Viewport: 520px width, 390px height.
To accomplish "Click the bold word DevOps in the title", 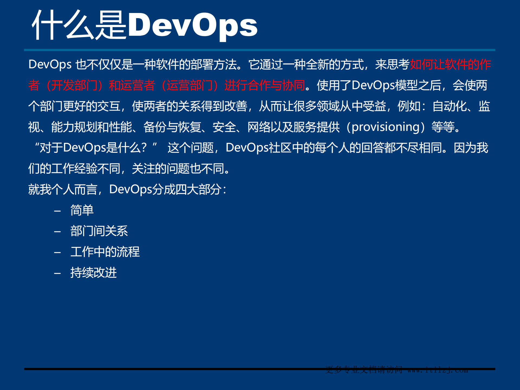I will point(192,25).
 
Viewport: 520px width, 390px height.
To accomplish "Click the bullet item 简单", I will point(82,210).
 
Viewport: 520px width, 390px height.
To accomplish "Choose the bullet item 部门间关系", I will point(99,231).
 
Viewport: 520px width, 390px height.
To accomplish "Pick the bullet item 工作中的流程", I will point(105,252).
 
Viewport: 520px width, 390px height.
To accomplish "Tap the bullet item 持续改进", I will point(93,273).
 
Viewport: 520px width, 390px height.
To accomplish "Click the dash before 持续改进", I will point(57,273).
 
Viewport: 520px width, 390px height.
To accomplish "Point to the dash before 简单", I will point(57,211).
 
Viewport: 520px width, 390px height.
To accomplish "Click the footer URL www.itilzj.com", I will point(438,370).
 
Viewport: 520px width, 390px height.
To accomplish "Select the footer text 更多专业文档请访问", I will point(364,369).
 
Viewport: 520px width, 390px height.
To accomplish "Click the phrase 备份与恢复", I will point(172,127).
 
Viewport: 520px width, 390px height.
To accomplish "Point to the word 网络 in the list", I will point(259,127).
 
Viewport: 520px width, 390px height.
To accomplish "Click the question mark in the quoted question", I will point(144,148).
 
